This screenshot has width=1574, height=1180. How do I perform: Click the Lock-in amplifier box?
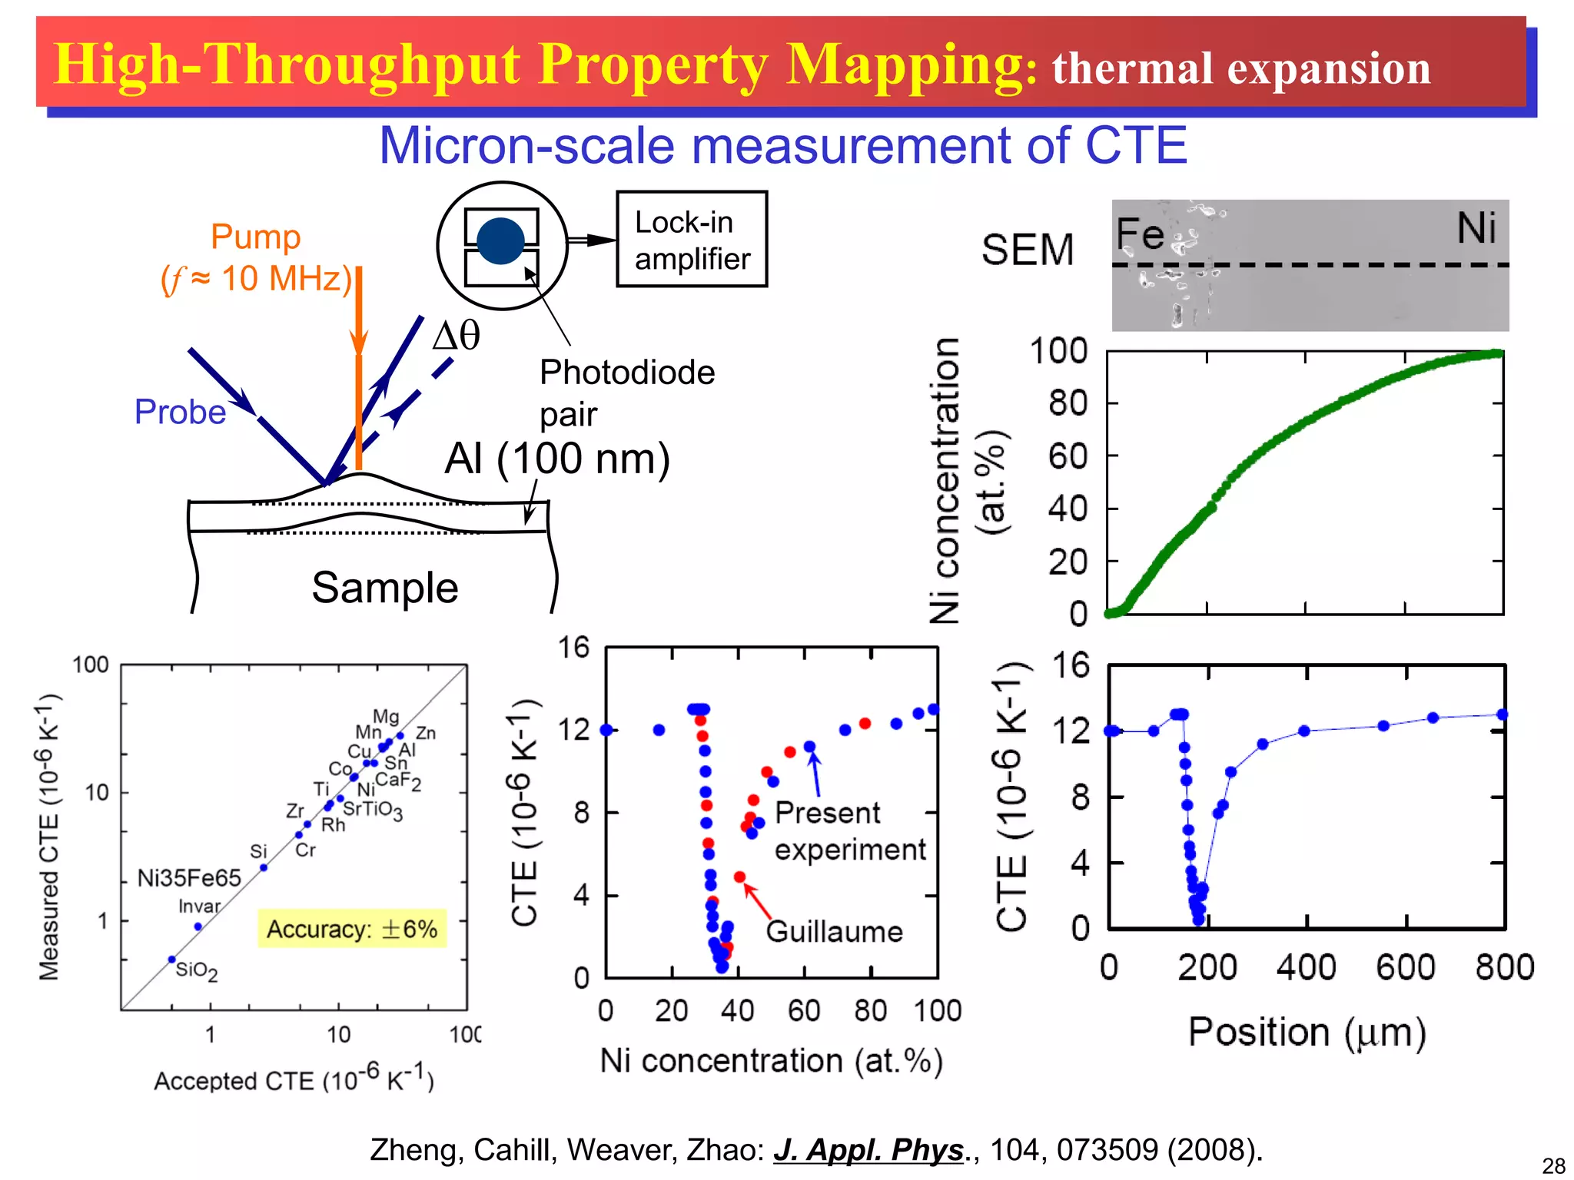(692, 240)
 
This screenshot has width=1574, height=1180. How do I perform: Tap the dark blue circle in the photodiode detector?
(500, 241)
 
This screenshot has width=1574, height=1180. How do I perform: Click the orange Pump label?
(256, 237)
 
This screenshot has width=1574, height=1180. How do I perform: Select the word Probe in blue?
(180, 413)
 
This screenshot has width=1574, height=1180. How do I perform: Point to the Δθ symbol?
(457, 336)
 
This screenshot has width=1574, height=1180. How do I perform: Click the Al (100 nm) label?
(557, 459)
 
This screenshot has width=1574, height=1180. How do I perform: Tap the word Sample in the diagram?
(384, 588)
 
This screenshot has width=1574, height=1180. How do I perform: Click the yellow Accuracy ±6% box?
(352, 930)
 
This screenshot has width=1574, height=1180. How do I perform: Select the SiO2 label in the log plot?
(197, 971)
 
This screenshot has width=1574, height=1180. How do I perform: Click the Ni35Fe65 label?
(189, 878)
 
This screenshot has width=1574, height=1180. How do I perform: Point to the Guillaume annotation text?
(835, 932)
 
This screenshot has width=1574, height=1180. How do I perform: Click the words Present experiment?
(848, 831)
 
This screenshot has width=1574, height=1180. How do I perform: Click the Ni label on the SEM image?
(1476, 228)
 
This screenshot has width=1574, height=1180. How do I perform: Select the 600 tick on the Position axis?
(1405, 967)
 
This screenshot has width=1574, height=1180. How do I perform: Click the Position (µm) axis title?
(1307, 1032)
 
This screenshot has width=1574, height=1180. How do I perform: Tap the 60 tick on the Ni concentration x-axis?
(804, 1011)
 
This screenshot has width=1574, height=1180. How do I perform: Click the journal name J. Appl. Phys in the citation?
(868, 1150)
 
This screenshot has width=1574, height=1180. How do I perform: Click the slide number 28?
(1553, 1165)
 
